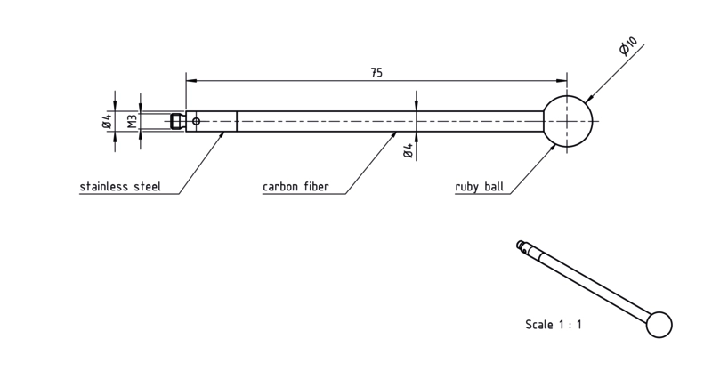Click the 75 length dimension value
coord(376,73)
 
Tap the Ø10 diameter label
coord(628,46)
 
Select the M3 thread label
coord(132,122)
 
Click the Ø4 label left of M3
coord(107,121)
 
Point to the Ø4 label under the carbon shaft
coord(409,150)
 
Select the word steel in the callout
coord(147,186)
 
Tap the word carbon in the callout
coord(279,186)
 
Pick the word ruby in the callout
coord(466,187)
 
